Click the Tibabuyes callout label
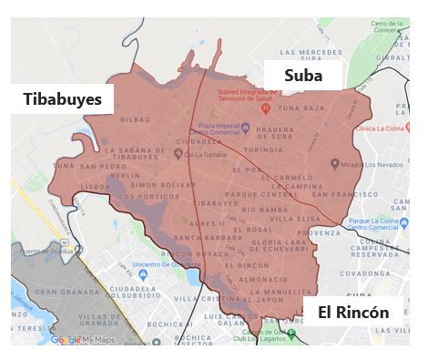click(62, 98)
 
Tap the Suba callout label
click(302, 76)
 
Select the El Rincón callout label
click(353, 313)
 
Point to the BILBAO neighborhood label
click(134, 119)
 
